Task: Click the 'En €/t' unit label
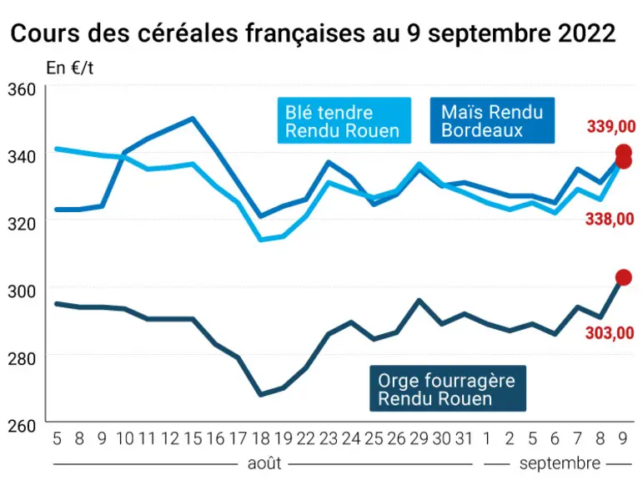click(x=70, y=68)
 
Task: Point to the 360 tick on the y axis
click(x=22, y=89)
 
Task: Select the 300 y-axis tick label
click(x=22, y=291)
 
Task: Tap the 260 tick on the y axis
click(x=22, y=426)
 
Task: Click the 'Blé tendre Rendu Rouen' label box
click(x=344, y=121)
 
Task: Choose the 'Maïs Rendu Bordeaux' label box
click(x=492, y=121)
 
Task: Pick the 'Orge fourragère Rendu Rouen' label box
click(x=448, y=388)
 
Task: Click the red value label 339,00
click(x=611, y=127)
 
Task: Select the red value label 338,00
click(x=610, y=219)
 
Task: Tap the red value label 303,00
click(x=610, y=332)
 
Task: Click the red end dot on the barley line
click(x=623, y=278)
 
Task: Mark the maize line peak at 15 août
click(x=193, y=119)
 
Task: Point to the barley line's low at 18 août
click(x=260, y=395)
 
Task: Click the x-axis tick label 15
click(x=193, y=438)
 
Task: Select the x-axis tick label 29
click(x=419, y=438)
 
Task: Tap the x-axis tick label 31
click(x=465, y=438)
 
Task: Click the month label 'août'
click(x=264, y=463)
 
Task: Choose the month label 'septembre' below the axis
click(x=560, y=463)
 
